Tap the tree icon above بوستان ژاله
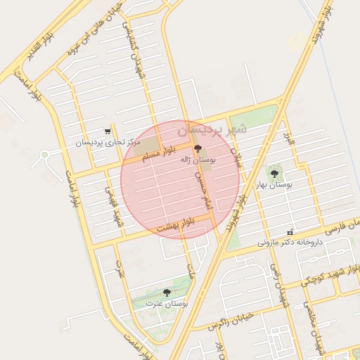pyautogui.click(x=198, y=148)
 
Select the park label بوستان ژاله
pyautogui.click(x=198, y=160)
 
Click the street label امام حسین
pyautogui.click(x=205, y=190)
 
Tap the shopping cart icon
pyautogui.click(x=108, y=131)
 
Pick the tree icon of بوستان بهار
pyautogui.click(x=274, y=173)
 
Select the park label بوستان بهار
pyautogui.click(x=274, y=184)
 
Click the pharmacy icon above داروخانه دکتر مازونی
pyautogui.click(x=290, y=232)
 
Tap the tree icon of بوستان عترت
pyautogui.click(x=167, y=292)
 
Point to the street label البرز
pyautogui.click(x=290, y=136)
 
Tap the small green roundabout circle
pyautogui.click(x=45, y=154)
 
